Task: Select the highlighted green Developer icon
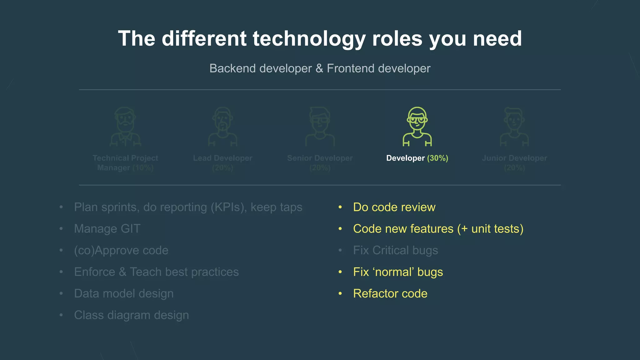[417, 127]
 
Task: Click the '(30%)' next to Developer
[437, 158]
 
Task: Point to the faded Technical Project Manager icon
[125, 127]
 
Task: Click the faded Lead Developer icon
[222, 127]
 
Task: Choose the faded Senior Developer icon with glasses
[320, 127]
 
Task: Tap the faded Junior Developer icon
[514, 127]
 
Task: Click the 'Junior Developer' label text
[514, 158]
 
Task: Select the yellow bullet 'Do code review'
[394, 207]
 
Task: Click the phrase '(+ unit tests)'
[490, 229]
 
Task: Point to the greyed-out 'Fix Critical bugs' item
[395, 250]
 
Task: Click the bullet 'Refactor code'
[390, 293]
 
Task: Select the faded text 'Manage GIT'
[107, 229]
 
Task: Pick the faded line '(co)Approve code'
[121, 250]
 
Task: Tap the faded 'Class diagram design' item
[131, 315]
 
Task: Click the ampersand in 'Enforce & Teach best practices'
[122, 272]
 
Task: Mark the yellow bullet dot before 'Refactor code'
[340, 293]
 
